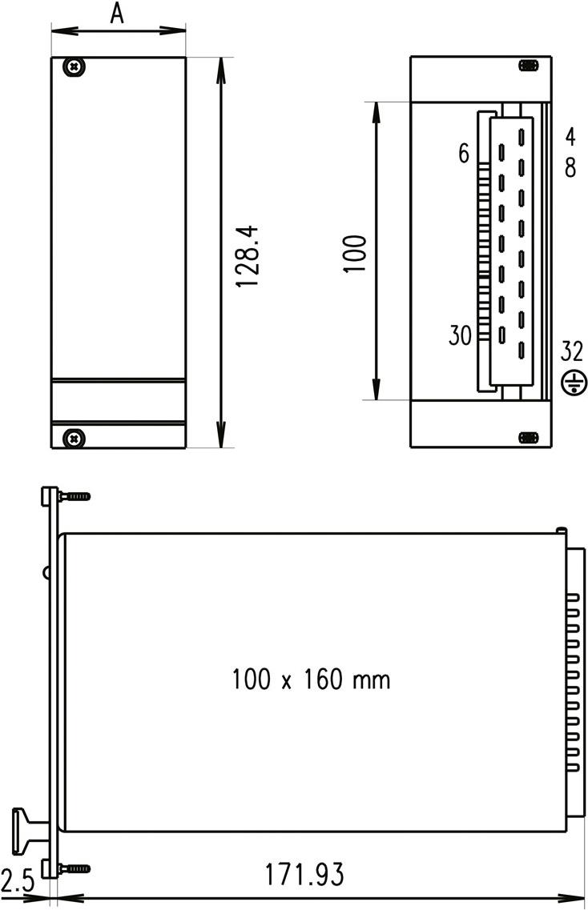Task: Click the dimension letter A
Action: tap(117, 14)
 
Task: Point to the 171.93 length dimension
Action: tap(304, 874)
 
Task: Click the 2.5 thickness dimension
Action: tap(18, 882)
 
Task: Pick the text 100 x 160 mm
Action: tap(312, 680)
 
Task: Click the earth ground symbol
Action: tap(572, 384)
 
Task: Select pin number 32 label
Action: tap(572, 352)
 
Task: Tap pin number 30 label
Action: tap(461, 335)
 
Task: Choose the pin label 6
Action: tap(464, 154)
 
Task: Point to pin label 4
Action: tap(570, 137)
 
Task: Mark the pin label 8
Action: tap(570, 169)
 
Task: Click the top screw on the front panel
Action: tap(75, 67)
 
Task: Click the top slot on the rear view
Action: tap(527, 65)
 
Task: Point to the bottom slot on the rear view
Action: tap(528, 437)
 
